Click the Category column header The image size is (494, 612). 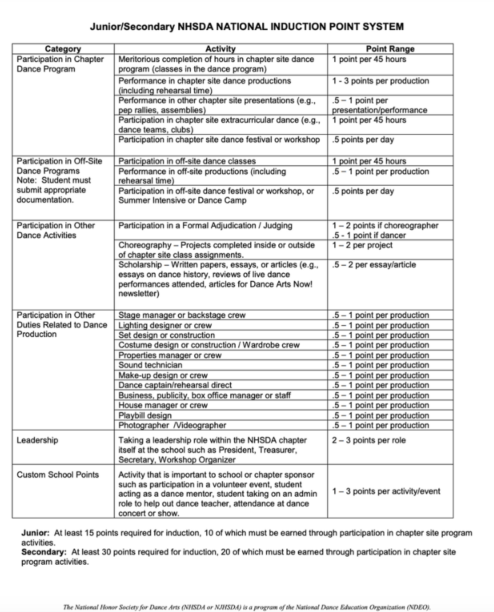click(63, 49)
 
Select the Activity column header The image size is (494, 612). click(220, 49)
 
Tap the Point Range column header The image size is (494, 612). click(390, 49)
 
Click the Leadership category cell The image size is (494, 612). click(37, 440)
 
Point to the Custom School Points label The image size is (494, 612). click(58, 475)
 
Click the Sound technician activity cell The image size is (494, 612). click(150, 365)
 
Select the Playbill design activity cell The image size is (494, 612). click(145, 415)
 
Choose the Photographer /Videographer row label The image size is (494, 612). click(172, 425)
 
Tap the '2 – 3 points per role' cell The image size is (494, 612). click(369, 440)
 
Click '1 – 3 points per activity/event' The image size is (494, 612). click(386, 491)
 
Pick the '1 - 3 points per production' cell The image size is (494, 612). click(381, 81)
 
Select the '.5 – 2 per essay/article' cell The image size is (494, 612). click(374, 265)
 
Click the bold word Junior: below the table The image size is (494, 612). click(35, 533)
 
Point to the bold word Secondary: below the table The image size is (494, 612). click(44, 552)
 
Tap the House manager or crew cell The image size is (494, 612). click(163, 405)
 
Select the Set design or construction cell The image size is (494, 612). click(167, 335)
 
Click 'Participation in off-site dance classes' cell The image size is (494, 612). click(187, 161)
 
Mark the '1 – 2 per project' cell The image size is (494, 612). click(362, 245)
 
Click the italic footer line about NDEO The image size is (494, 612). click(247, 607)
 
